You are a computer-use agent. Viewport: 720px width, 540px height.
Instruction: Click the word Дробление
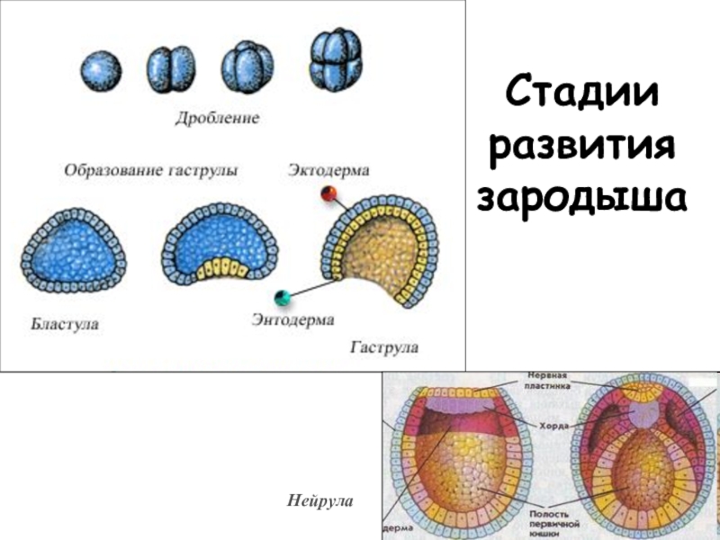click(x=217, y=118)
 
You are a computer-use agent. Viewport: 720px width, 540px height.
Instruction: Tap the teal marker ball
click(x=283, y=296)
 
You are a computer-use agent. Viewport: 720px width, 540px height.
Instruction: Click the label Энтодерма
click(x=292, y=319)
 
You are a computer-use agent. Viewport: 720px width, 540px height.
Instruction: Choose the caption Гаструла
click(x=384, y=346)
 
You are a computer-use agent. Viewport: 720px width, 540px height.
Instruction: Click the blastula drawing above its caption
click(x=72, y=247)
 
